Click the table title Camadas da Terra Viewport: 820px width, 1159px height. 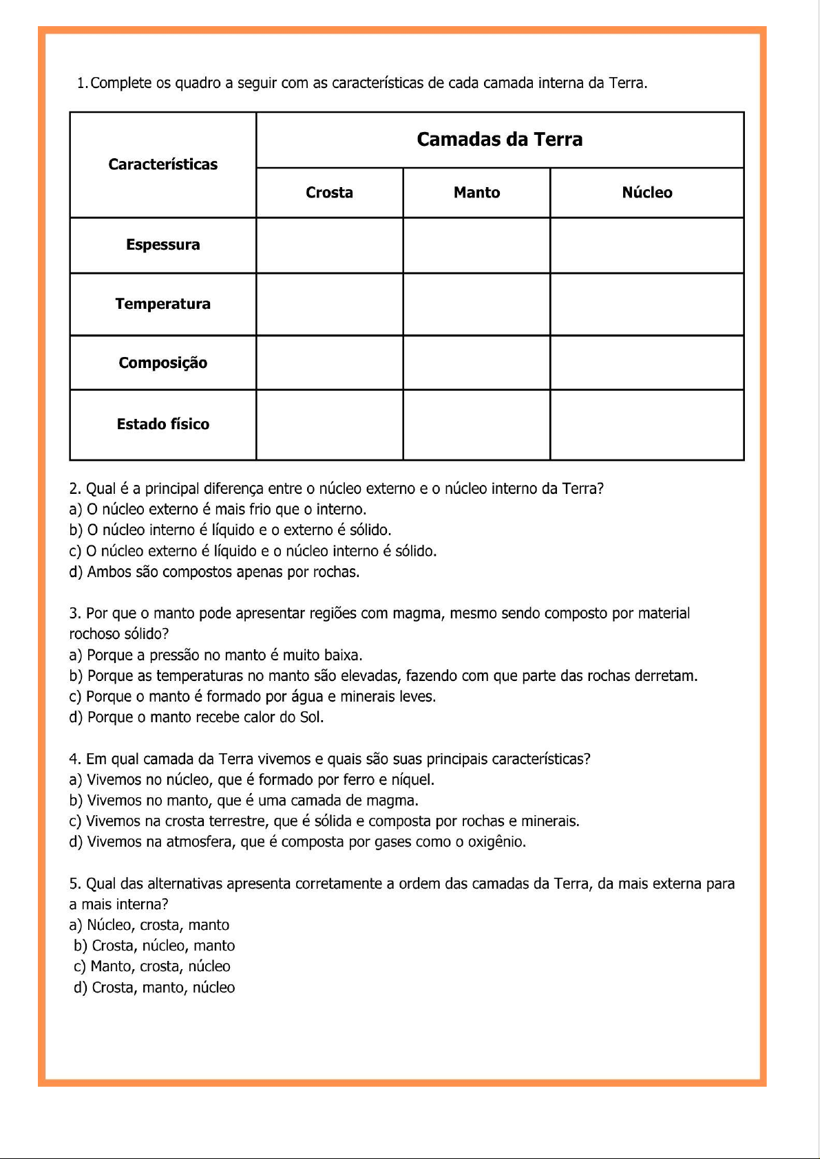(499, 140)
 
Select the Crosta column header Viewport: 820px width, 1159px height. (329, 193)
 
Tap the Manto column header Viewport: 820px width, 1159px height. (476, 193)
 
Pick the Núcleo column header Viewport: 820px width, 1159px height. (646, 193)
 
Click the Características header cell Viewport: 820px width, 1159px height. (162, 164)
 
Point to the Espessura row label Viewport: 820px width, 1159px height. (162, 245)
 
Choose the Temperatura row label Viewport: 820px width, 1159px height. (162, 304)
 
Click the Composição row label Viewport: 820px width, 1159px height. (162, 363)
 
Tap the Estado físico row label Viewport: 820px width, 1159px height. (162, 424)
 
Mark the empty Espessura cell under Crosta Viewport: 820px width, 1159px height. (329, 246)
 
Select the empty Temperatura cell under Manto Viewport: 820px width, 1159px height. (476, 304)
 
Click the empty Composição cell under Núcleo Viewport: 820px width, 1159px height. (646, 362)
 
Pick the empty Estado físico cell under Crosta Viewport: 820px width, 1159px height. (329, 424)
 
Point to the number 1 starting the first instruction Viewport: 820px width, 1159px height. (81, 83)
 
